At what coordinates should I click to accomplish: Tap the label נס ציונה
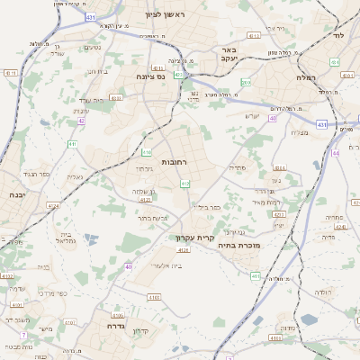148,77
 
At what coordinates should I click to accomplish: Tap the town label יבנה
16,194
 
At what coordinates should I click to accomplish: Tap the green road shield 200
245,84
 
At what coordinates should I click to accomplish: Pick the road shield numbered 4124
53,205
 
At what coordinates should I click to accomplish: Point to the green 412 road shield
184,184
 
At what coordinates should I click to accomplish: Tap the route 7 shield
23,335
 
